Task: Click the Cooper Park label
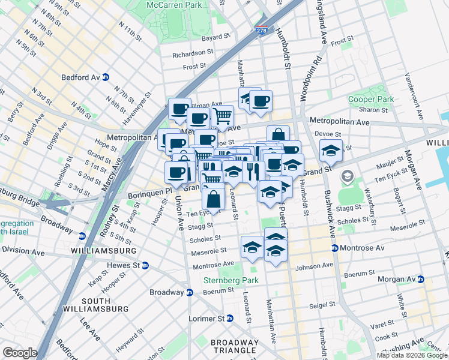(x=371, y=99)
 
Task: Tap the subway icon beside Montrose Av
(x=335, y=248)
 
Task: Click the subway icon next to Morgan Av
(x=421, y=280)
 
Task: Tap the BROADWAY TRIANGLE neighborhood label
(x=235, y=347)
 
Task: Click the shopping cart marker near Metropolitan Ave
(x=223, y=115)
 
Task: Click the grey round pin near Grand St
(x=346, y=176)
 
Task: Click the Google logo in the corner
(x=20, y=353)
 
